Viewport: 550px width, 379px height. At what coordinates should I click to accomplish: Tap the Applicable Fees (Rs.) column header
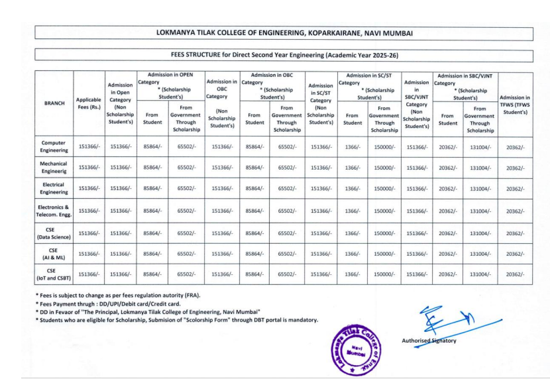pyautogui.click(x=89, y=104)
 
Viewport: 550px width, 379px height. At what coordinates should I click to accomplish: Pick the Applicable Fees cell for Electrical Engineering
pyautogui.click(x=89, y=189)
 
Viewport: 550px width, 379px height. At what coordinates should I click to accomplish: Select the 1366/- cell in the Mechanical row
pyautogui.click(x=353, y=168)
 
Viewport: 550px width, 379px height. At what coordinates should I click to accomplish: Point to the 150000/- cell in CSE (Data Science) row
pyautogui.click(x=384, y=233)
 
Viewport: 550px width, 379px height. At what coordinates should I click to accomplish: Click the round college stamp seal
pyautogui.click(x=359, y=347)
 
